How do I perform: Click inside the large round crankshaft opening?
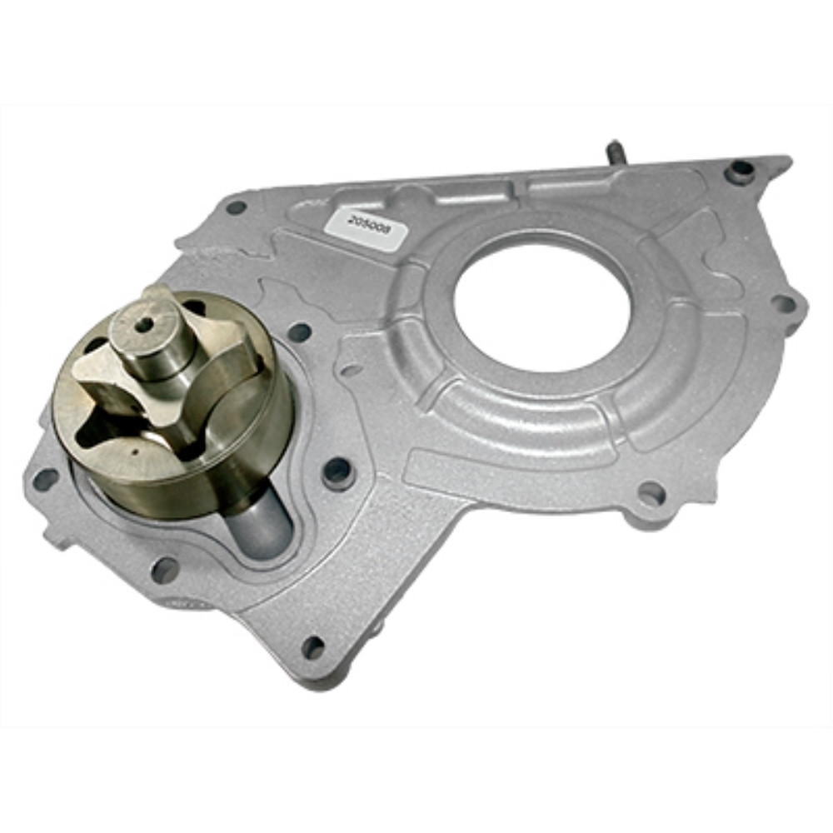[542, 309]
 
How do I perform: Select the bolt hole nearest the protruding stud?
[741, 171]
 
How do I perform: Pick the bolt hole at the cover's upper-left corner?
[236, 207]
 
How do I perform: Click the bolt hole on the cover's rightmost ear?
[784, 305]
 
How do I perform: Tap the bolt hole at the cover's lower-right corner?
[651, 492]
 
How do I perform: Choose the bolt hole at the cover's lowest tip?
[313, 646]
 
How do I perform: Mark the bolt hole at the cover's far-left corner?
[45, 479]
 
